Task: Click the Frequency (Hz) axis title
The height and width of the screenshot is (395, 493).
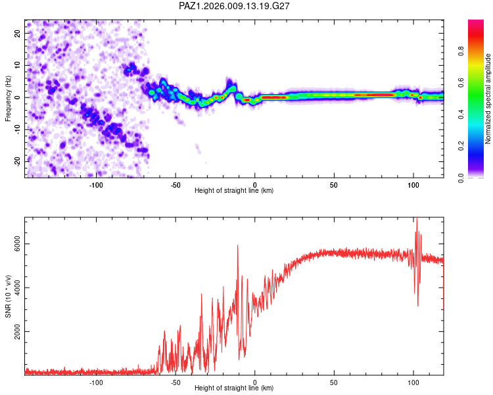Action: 8,97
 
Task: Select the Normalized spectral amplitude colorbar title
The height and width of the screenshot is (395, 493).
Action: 488,99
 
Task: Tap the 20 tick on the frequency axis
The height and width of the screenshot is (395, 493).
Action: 18,33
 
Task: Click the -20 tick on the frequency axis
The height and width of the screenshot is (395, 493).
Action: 16,161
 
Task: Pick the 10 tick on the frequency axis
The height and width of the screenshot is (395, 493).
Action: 18,65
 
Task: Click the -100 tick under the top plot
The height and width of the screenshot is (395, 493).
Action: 96,184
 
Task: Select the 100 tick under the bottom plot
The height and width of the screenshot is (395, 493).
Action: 413,382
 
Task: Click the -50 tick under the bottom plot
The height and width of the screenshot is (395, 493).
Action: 176,382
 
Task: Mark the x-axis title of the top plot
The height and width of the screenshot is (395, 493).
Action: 234,191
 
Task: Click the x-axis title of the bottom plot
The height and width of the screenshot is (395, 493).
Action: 234,388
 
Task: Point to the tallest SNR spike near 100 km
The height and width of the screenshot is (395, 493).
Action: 416,220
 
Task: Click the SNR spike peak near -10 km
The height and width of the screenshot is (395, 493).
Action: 237,246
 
